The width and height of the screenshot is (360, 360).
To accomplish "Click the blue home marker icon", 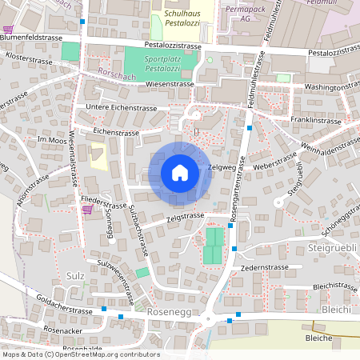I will tap(180, 173).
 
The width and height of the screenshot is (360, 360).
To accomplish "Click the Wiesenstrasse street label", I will tap(161, 82).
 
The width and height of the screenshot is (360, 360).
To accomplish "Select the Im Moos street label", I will tap(52, 139).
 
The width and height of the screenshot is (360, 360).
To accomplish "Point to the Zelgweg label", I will tap(219, 167).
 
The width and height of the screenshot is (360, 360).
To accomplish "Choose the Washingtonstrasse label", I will tap(330, 84).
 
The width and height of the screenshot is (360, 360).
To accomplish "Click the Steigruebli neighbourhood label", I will tap(331, 250).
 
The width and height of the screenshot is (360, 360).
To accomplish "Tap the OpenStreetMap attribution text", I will tap(80, 354).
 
